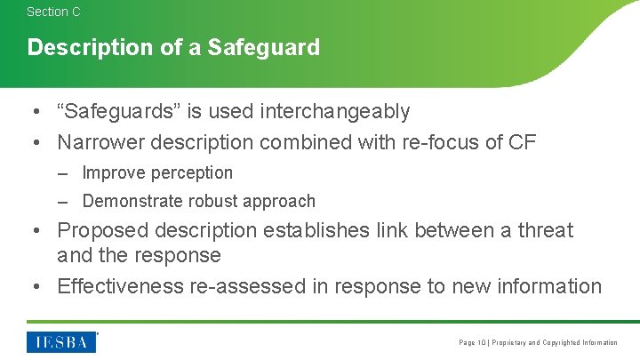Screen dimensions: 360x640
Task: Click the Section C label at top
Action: tap(53, 12)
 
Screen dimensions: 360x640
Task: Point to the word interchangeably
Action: tap(334, 112)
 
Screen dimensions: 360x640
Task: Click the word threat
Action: tap(547, 231)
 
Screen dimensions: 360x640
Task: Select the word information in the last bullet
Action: tap(548, 286)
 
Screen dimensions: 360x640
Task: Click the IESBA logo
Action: tap(61, 341)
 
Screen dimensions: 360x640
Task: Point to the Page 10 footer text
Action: tap(472, 343)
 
